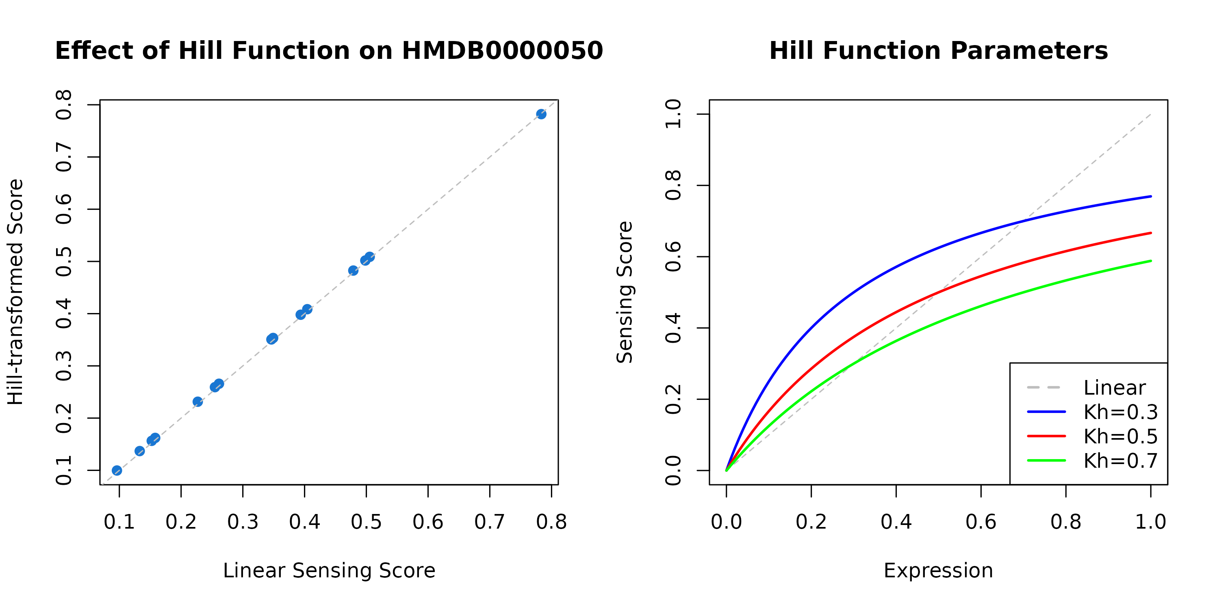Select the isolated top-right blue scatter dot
[541, 114]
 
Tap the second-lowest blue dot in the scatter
[140, 451]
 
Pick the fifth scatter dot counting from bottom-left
[198, 402]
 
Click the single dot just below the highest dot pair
[354, 270]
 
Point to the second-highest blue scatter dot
[370, 257]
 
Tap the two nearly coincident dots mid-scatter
[272, 339]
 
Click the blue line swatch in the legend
[1046, 412]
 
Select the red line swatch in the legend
[1046, 436]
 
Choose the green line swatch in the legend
[1046, 460]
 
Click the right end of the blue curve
[1151, 196]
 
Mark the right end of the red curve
[1151, 233]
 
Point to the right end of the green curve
[1151, 261]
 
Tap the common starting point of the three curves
[727, 471]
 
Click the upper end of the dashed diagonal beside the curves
[1151, 114]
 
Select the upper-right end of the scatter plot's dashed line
[557, 100]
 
